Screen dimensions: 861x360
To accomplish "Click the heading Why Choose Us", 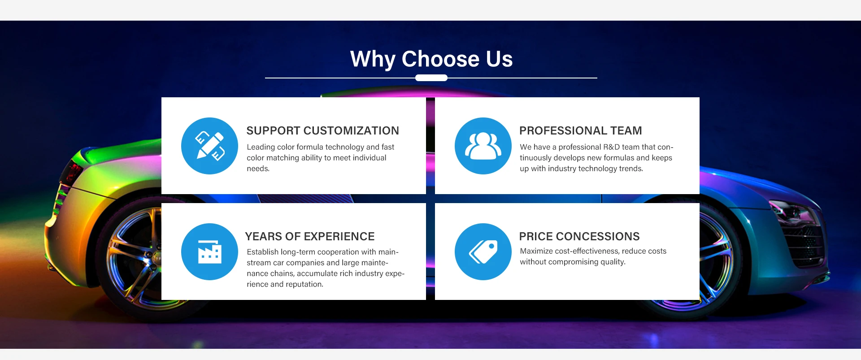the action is [431, 59].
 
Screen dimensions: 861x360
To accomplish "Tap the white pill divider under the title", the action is [431, 78].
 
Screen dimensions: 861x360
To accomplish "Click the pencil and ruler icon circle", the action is [209, 146].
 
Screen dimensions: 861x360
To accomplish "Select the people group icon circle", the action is [483, 146].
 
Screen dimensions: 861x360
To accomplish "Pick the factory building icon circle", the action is [209, 252].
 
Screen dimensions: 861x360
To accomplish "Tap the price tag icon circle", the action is [483, 252].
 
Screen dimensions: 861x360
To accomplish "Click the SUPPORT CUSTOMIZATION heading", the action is [322, 130].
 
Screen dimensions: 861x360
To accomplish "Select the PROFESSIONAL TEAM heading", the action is [581, 130].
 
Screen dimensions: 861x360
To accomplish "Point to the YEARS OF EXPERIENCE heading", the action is [310, 236].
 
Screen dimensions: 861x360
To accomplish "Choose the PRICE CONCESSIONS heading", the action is [579, 236].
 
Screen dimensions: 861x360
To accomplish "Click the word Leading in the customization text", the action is [261, 147].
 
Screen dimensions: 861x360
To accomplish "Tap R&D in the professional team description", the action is [611, 147].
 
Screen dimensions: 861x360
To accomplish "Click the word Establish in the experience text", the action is [262, 252].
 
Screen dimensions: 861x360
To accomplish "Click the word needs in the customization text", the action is [258, 169].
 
